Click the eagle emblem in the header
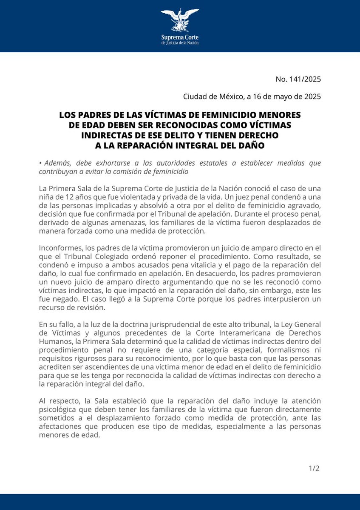coord(180,19)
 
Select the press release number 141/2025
coord(305,79)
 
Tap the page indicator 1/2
coord(314,469)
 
